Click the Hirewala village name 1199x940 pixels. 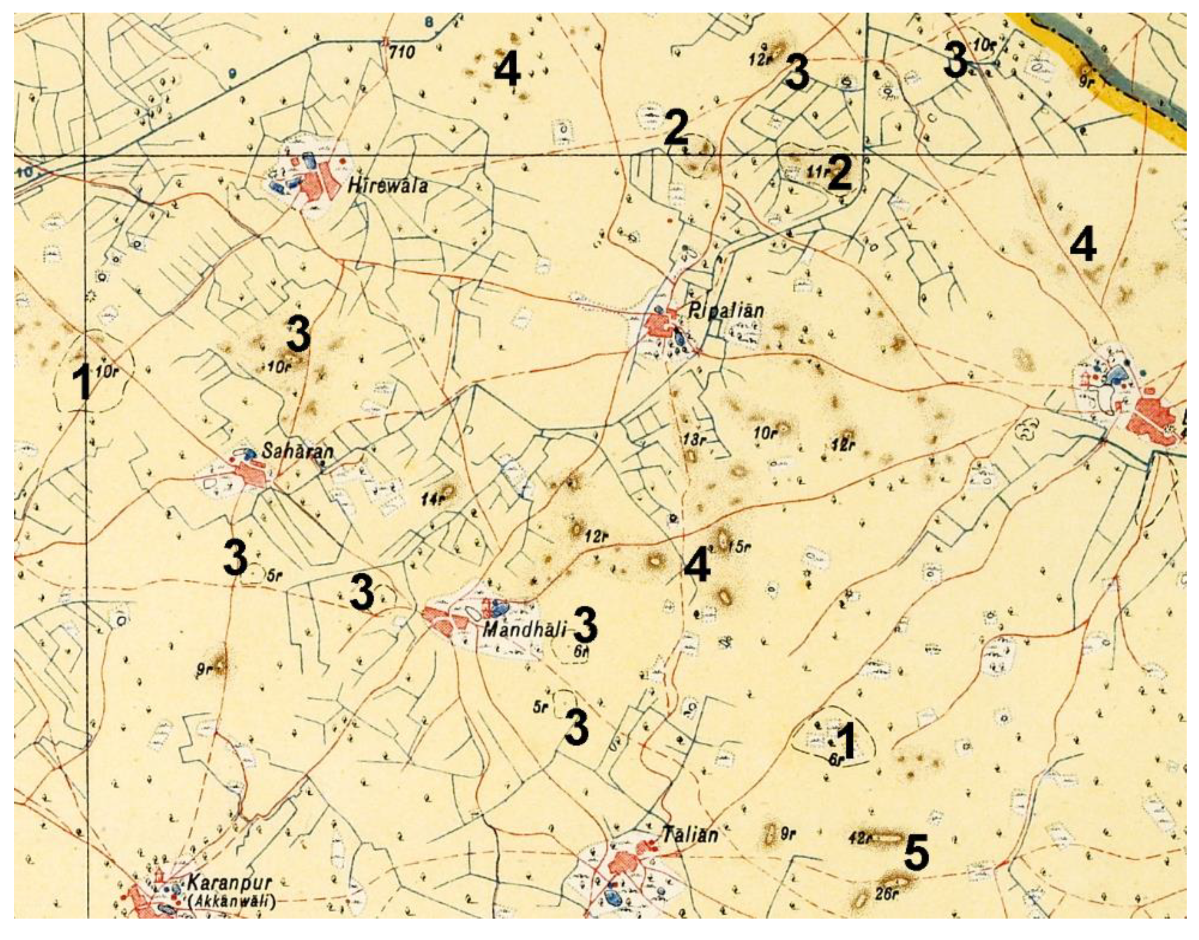tap(387, 186)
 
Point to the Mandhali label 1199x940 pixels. tap(523, 630)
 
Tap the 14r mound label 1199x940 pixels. tap(432, 499)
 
